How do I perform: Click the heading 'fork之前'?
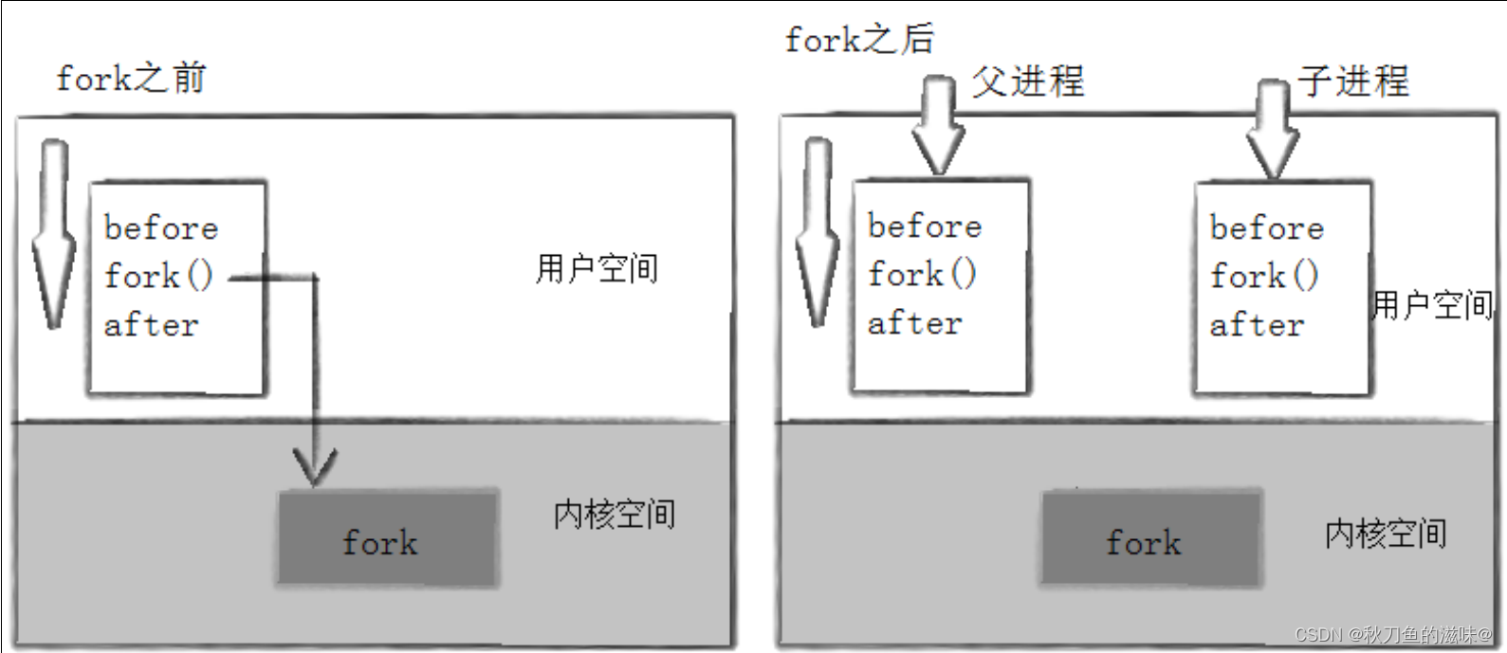click(131, 79)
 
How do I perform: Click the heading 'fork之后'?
click(860, 38)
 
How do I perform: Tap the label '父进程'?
click(1028, 82)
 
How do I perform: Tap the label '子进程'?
click(1353, 82)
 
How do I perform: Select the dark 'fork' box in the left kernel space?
click(388, 538)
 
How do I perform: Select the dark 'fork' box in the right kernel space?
click(1151, 538)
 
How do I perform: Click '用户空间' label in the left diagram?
click(597, 269)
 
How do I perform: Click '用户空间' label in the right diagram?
click(1432, 305)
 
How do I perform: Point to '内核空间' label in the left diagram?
click(615, 516)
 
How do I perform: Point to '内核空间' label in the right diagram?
click(1386, 535)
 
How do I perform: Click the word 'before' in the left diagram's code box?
click(161, 227)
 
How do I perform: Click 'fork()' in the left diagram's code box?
click(158, 275)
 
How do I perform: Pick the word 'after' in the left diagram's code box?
click(152, 324)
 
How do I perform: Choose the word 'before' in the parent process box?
click(925, 226)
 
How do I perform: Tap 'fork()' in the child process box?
click(1265, 275)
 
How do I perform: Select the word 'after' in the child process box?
click(1258, 324)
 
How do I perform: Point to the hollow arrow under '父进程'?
click(939, 125)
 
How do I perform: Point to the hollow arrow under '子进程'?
click(1273, 129)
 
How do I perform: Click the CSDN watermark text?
click(1392, 634)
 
